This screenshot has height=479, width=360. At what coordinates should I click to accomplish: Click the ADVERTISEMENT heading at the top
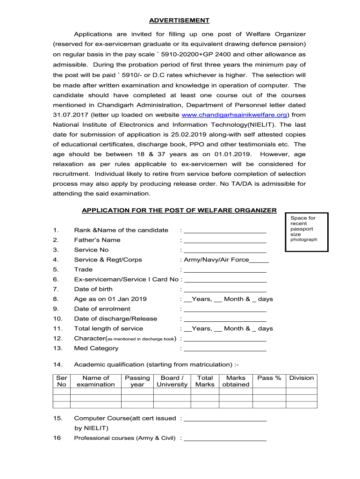click(179, 21)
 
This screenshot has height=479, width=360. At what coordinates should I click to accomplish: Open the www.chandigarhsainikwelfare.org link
click(234, 115)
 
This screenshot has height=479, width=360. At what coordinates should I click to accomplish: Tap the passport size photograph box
click(306, 231)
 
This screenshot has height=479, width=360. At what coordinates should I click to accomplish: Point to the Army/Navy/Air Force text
click(216, 260)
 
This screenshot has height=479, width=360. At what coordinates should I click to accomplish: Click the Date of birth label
click(93, 289)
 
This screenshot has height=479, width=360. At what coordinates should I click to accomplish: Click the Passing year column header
click(137, 381)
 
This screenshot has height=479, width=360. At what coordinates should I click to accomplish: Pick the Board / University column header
click(172, 381)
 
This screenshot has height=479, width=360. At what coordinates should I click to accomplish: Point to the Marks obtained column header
click(236, 381)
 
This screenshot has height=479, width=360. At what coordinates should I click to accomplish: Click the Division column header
click(302, 378)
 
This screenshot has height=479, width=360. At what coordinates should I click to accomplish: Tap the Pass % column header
click(269, 378)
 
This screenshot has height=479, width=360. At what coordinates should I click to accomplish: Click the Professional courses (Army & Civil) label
click(125, 438)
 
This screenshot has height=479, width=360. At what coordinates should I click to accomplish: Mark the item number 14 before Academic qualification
click(57, 364)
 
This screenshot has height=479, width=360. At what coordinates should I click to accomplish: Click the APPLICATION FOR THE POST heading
click(179, 210)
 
